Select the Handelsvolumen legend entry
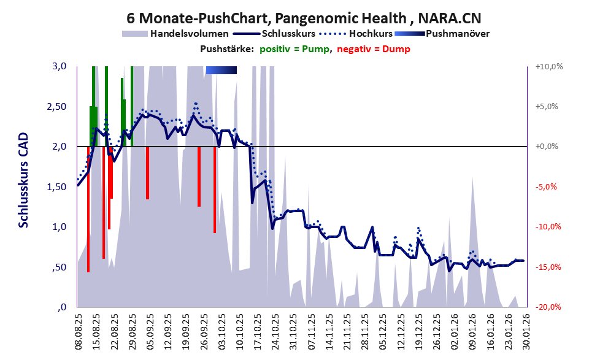tap(190, 33)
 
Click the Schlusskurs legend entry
tap(288, 33)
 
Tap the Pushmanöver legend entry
tap(456, 33)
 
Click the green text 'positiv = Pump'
tap(297, 49)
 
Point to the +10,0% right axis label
tap(548, 66)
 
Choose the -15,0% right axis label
tap(548, 267)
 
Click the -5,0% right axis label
tap(548, 187)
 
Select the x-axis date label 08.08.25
tap(78, 332)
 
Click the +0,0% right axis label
tap(548, 147)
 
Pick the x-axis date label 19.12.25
tap(418, 332)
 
